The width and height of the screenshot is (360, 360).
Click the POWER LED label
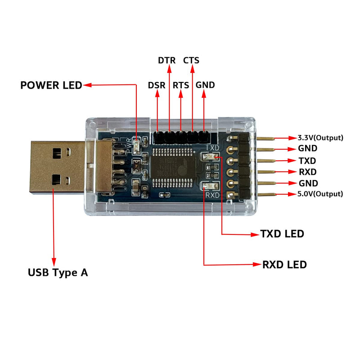click(x=51, y=85)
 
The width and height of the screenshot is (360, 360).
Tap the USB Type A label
click(x=58, y=272)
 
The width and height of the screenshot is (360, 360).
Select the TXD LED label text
click(x=282, y=234)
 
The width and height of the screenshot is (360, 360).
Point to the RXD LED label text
click(x=284, y=264)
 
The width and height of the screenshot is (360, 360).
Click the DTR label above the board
click(x=167, y=60)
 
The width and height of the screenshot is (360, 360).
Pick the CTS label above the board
click(x=191, y=60)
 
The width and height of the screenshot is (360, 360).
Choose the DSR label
click(x=157, y=85)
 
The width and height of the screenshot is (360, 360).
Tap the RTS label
click(x=181, y=85)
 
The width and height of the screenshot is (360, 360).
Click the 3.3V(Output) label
click(x=320, y=138)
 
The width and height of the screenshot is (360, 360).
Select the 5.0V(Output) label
click(x=320, y=194)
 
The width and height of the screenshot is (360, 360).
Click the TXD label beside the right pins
click(x=307, y=161)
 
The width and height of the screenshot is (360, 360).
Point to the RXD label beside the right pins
click(x=307, y=172)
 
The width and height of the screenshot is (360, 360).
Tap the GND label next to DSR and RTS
click(x=205, y=85)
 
